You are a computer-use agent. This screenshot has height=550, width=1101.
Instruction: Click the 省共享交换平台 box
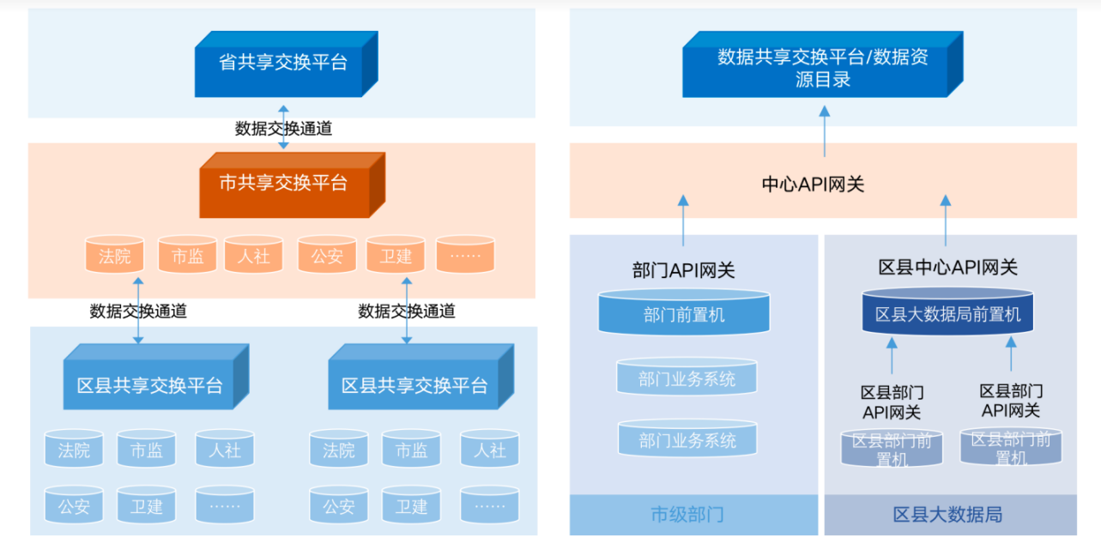pos(282,64)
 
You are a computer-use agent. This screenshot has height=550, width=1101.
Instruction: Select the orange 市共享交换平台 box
pos(282,184)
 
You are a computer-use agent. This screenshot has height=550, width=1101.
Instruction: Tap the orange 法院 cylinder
pos(114,256)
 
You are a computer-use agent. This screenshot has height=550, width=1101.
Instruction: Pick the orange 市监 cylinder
pos(187,256)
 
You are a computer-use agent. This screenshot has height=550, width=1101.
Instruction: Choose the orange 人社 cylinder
pos(253,256)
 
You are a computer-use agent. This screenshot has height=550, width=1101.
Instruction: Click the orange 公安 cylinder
pos(326,256)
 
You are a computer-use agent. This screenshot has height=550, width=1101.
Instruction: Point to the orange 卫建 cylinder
pos(396,256)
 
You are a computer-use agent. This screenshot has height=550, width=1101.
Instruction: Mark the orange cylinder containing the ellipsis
pos(464,256)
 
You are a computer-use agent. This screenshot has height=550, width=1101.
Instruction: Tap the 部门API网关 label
pos(683,270)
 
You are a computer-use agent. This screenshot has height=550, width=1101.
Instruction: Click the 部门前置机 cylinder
pos(683,314)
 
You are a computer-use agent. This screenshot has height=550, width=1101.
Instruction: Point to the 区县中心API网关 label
pos(947,267)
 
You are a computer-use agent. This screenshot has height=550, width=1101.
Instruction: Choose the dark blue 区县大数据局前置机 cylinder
pos(947,314)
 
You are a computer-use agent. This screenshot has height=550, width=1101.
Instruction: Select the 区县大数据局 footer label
pos(947,515)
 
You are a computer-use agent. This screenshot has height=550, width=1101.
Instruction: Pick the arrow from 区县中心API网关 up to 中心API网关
pos(946,221)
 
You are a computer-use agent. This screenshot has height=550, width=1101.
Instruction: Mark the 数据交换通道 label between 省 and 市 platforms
pos(283,129)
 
